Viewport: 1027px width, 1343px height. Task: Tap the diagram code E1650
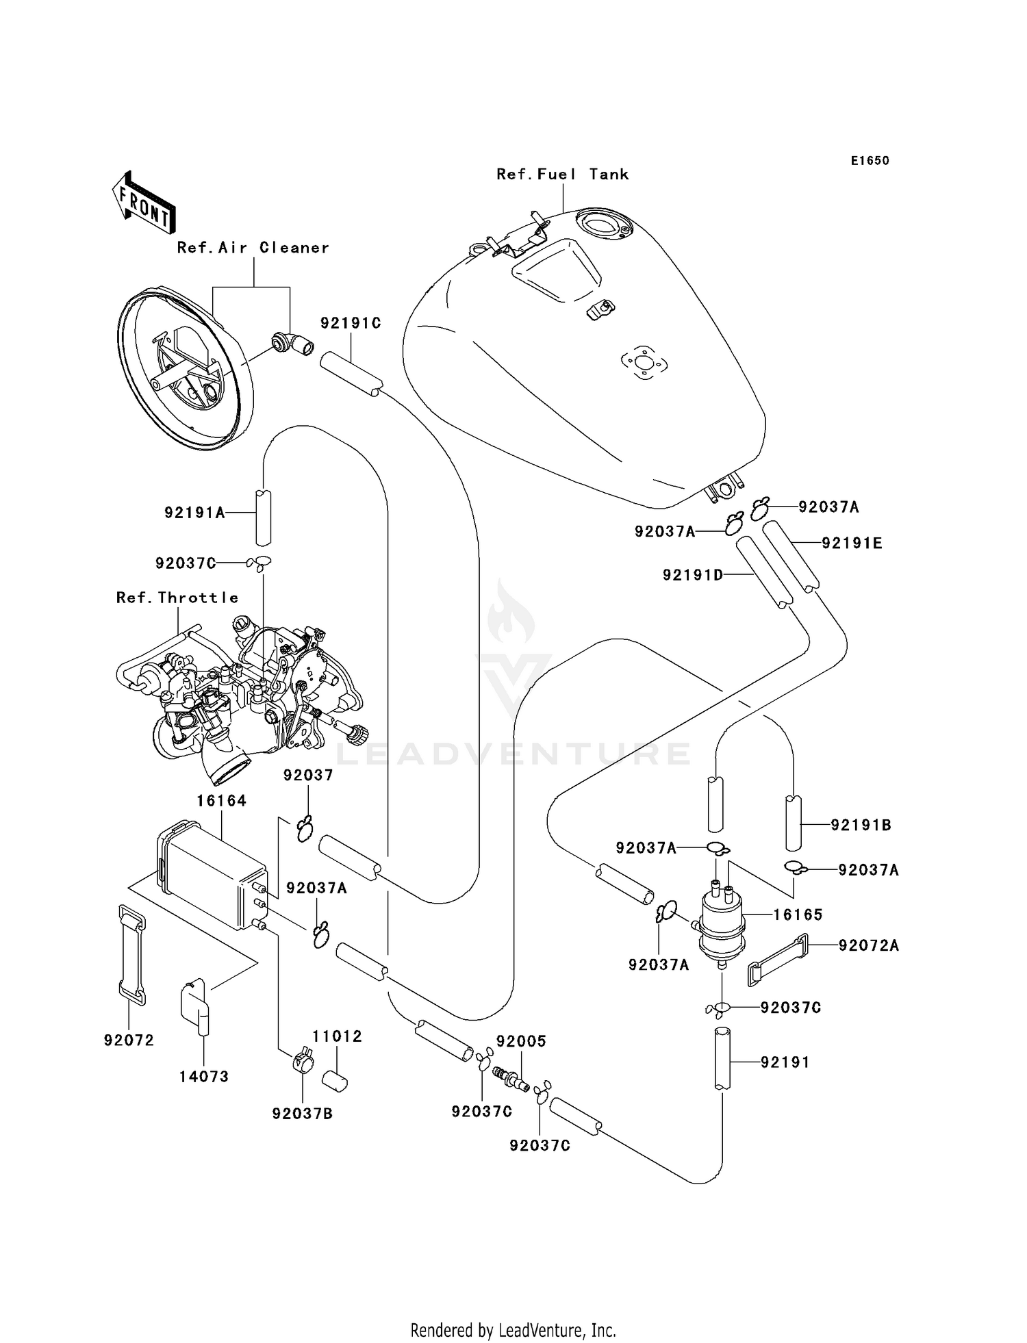(x=870, y=161)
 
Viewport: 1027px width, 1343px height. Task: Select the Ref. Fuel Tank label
(x=562, y=175)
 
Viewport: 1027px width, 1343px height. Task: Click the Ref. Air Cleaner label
(x=253, y=248)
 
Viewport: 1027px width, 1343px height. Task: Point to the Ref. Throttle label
(x=177, y=598)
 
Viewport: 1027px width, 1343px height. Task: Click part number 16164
(x=221, y=800)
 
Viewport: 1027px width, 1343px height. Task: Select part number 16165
(x=798, y=914)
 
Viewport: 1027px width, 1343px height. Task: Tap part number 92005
(x=521, y=1041)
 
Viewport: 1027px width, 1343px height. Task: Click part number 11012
(x=337, y=1036)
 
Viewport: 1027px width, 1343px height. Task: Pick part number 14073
(x=203, y=1076)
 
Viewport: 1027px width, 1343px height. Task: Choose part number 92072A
(x=868, y=945)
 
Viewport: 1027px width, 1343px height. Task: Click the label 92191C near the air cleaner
(x=351, y=323)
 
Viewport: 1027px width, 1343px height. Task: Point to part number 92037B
(x=302, y=1114)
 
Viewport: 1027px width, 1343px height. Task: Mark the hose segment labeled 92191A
(x=264, y=515)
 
